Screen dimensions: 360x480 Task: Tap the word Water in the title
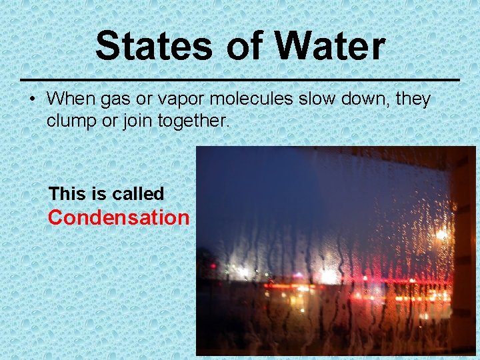coord(329,47)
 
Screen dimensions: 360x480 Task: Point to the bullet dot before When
coord(31,99)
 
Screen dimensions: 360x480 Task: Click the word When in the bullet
coord(72,99)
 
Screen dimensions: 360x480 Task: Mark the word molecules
coord(253,99)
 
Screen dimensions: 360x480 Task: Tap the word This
coord(67,194)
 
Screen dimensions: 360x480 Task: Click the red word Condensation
coord(119,218)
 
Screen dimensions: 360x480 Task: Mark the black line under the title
coord(240,79)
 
